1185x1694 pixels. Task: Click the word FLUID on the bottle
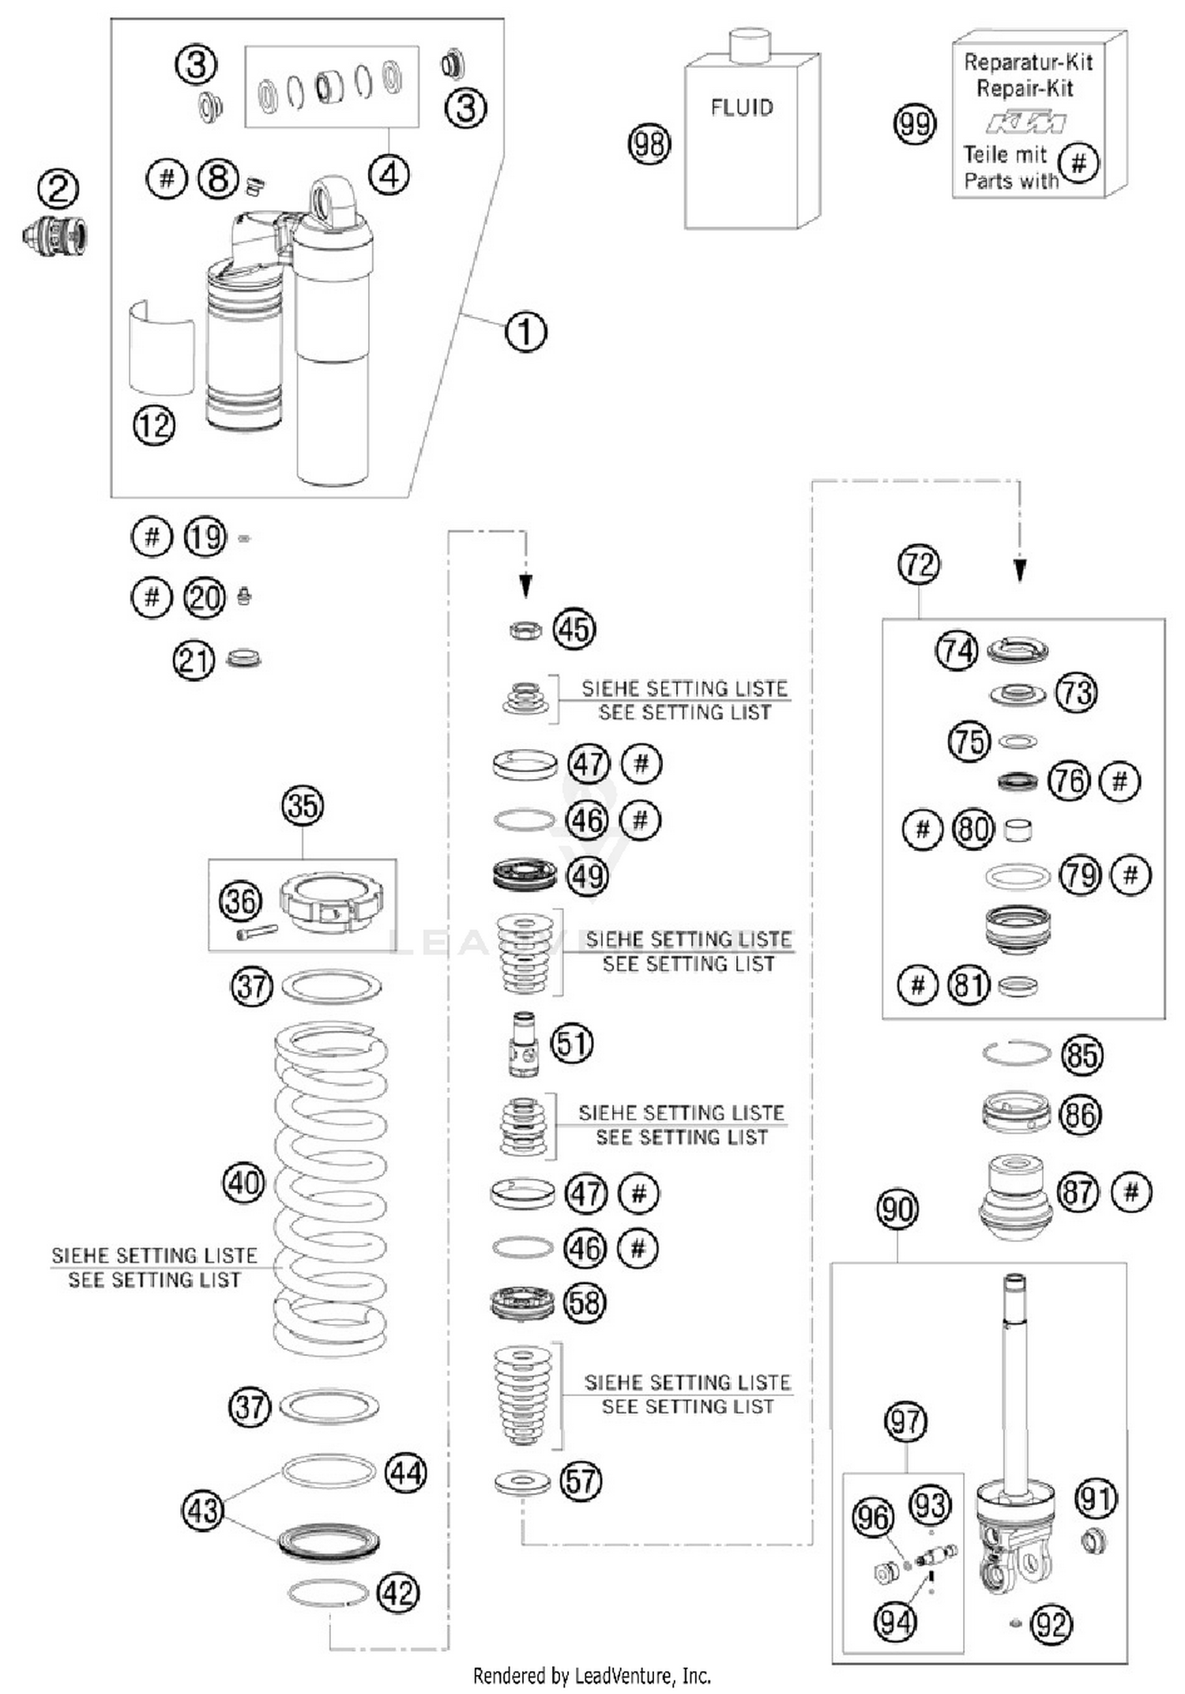[x=742, y=107]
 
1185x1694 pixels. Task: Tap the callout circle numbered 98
[x=649, y=144]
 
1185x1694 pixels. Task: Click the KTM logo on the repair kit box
[x=1025, y=123]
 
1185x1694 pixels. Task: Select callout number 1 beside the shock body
[x=525, y=331]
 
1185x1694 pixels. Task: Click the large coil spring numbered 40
[x=330, y=1185]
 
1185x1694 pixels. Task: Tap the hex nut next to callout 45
[x=525, y=631]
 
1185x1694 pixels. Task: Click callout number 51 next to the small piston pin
[x=571, y=1043]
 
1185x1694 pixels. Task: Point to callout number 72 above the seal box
[x=919, y=565]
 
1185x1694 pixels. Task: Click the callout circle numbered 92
[x=1051, y=1624]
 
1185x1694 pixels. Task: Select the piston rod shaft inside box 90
[x=1014, y=1391]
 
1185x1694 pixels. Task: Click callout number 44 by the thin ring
[x=406, y=1473]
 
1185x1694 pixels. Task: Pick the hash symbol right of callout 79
[x=1130, y=875]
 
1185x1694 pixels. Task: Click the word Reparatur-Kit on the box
[x=1028, y=62]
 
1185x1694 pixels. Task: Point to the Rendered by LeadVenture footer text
[x=592, y=1676]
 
